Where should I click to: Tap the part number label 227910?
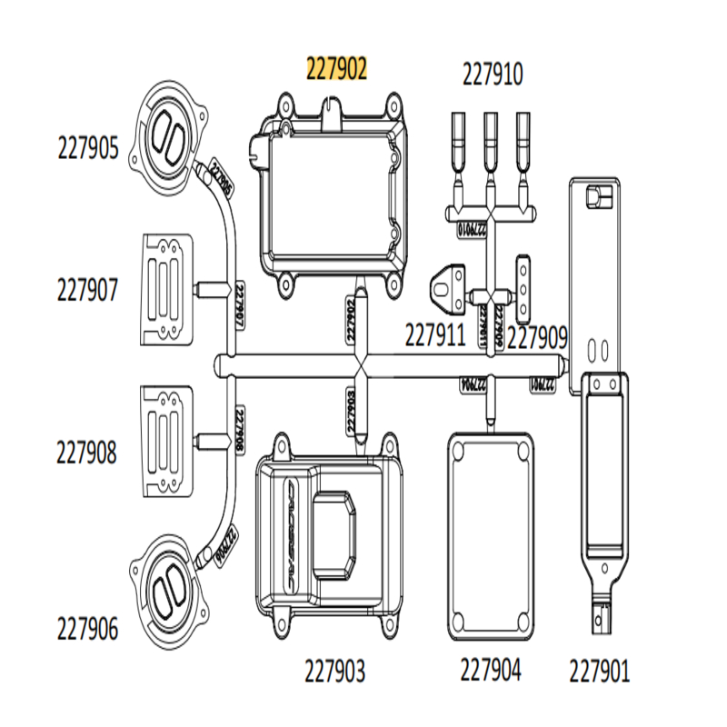coord(493,74)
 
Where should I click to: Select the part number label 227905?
coord(87,147)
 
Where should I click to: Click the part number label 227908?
coord(87,452)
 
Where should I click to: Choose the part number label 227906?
coord(87,628)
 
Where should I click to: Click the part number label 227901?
coord(599,672)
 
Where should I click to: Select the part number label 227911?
coord(435,337)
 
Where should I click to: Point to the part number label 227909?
coord(537,337)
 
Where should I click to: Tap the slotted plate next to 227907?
coord(169,288)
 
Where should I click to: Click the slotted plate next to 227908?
coord(169,442)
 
